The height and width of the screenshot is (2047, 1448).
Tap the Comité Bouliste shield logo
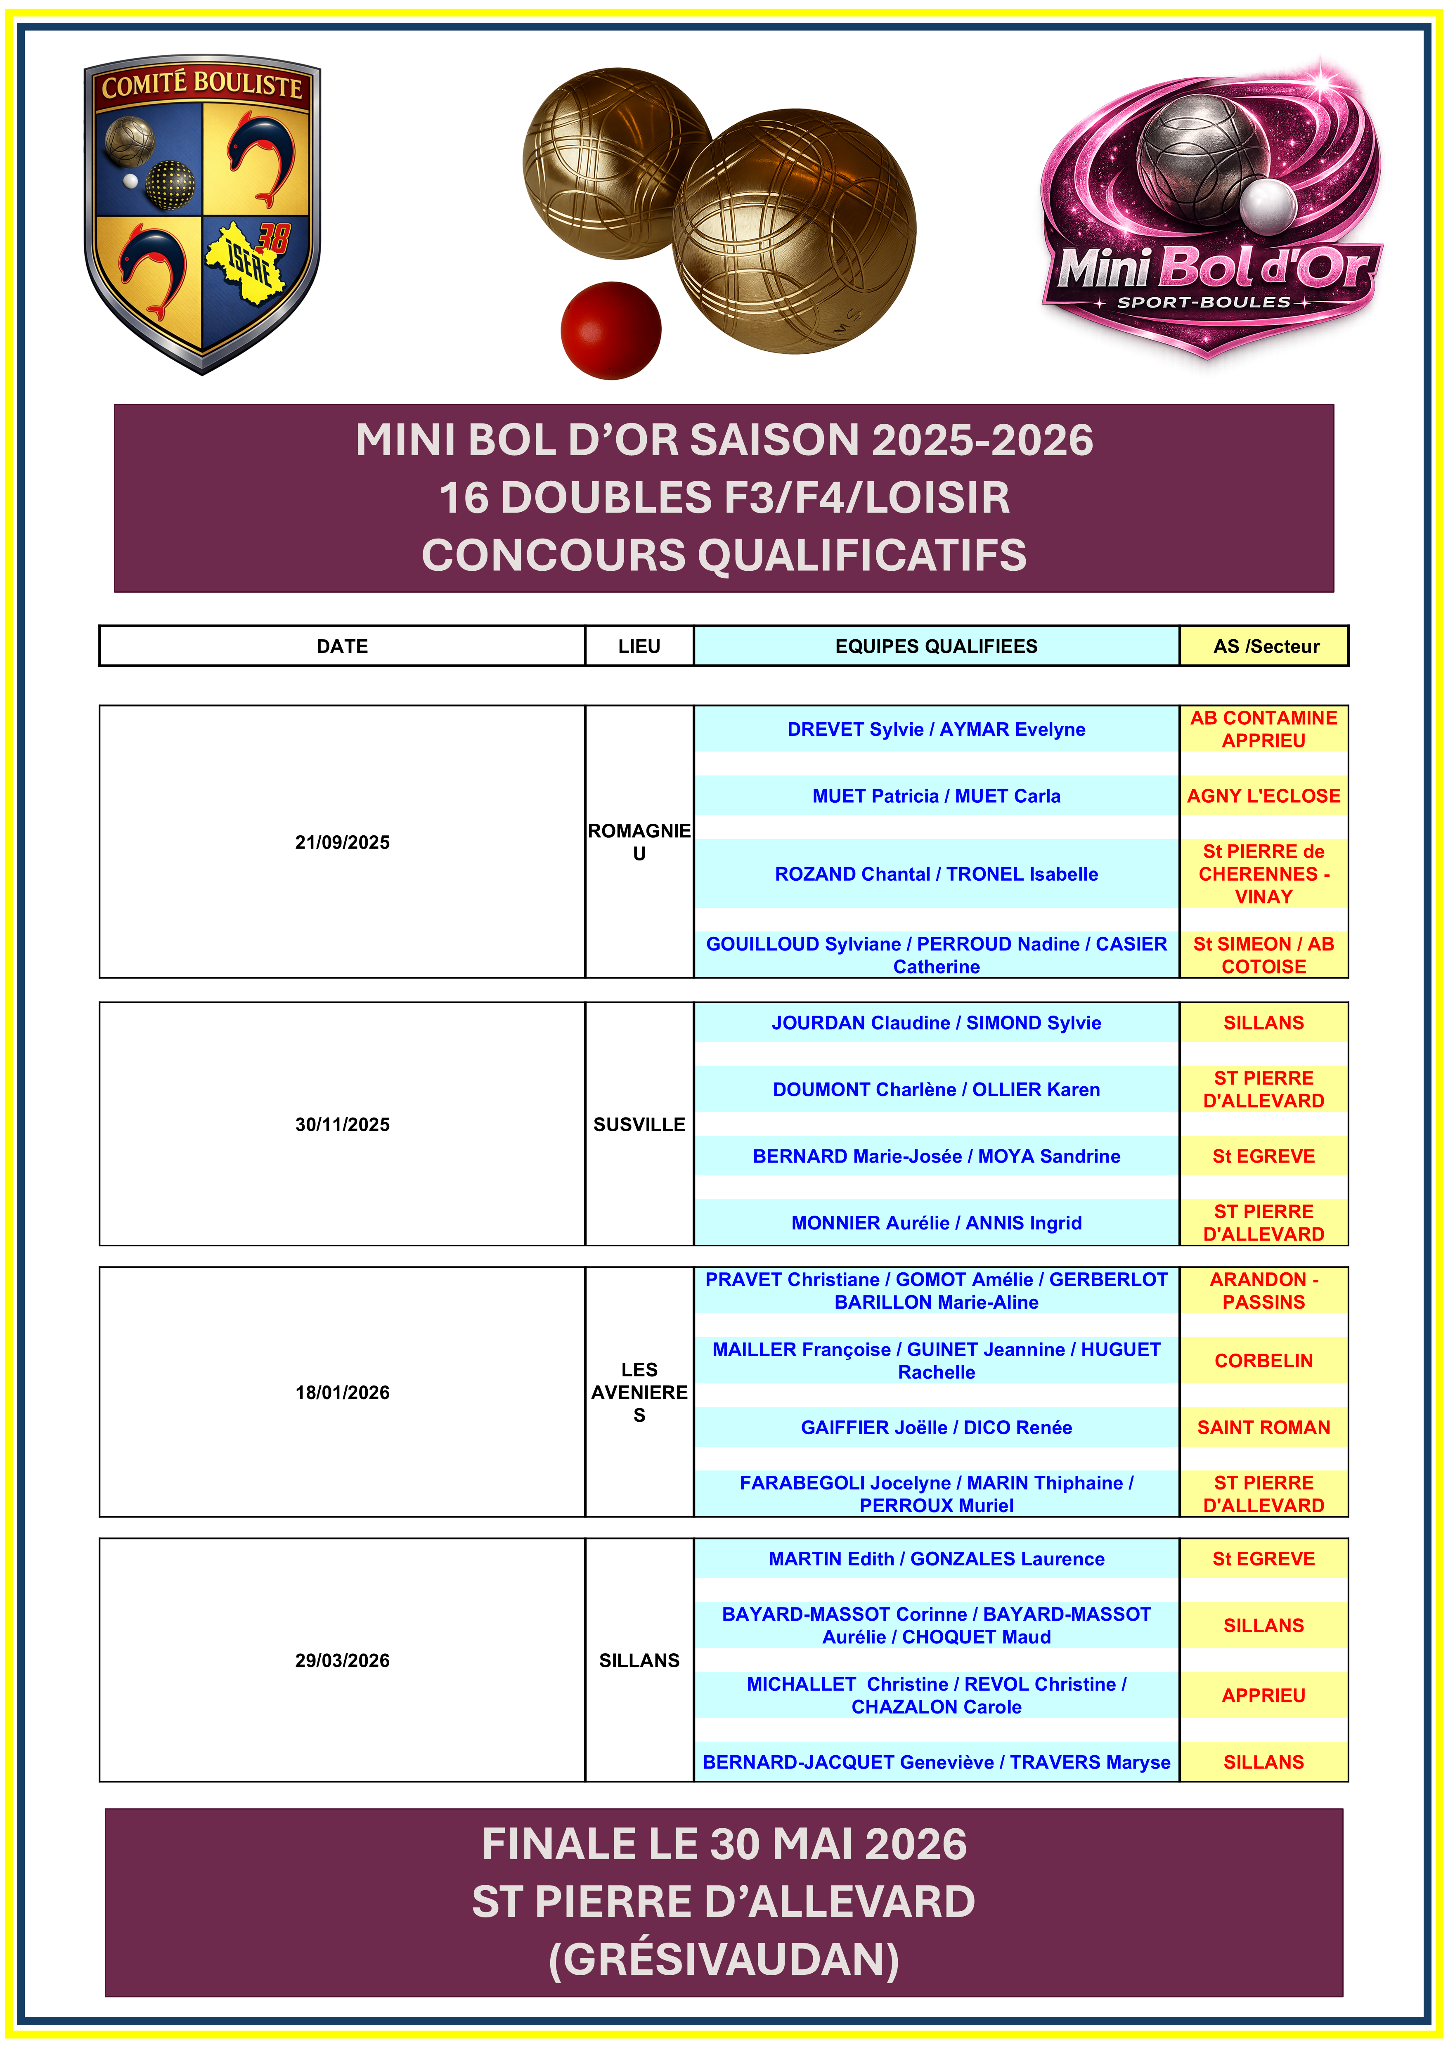tap(202, 214)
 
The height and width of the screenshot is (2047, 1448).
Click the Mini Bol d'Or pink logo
tap(1211, 214)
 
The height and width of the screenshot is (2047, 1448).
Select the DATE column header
tap(342, 646)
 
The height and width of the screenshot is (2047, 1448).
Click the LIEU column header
tap(639, 646)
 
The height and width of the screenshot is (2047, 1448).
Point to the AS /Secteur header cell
tap(1265, 646)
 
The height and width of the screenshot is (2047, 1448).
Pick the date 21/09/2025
tap(342, 842)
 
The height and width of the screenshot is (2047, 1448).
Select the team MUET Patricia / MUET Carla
tap(936, 796)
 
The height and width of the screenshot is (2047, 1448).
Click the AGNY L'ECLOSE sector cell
tap(1263, 796)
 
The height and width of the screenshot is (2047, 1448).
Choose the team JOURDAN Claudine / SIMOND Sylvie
tap(936, 1023)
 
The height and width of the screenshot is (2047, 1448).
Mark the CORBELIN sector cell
tap(1263, 1361)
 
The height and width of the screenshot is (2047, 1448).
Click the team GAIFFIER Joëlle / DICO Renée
tap(936, 1428)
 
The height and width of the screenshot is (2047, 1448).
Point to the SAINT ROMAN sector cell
tap(1263, 1428)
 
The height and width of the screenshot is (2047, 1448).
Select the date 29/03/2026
tap(342, 1660)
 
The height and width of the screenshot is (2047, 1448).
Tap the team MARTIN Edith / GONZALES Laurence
tap(936, 1558)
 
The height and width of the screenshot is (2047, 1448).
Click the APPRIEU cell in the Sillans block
tap(1263, 1695)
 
